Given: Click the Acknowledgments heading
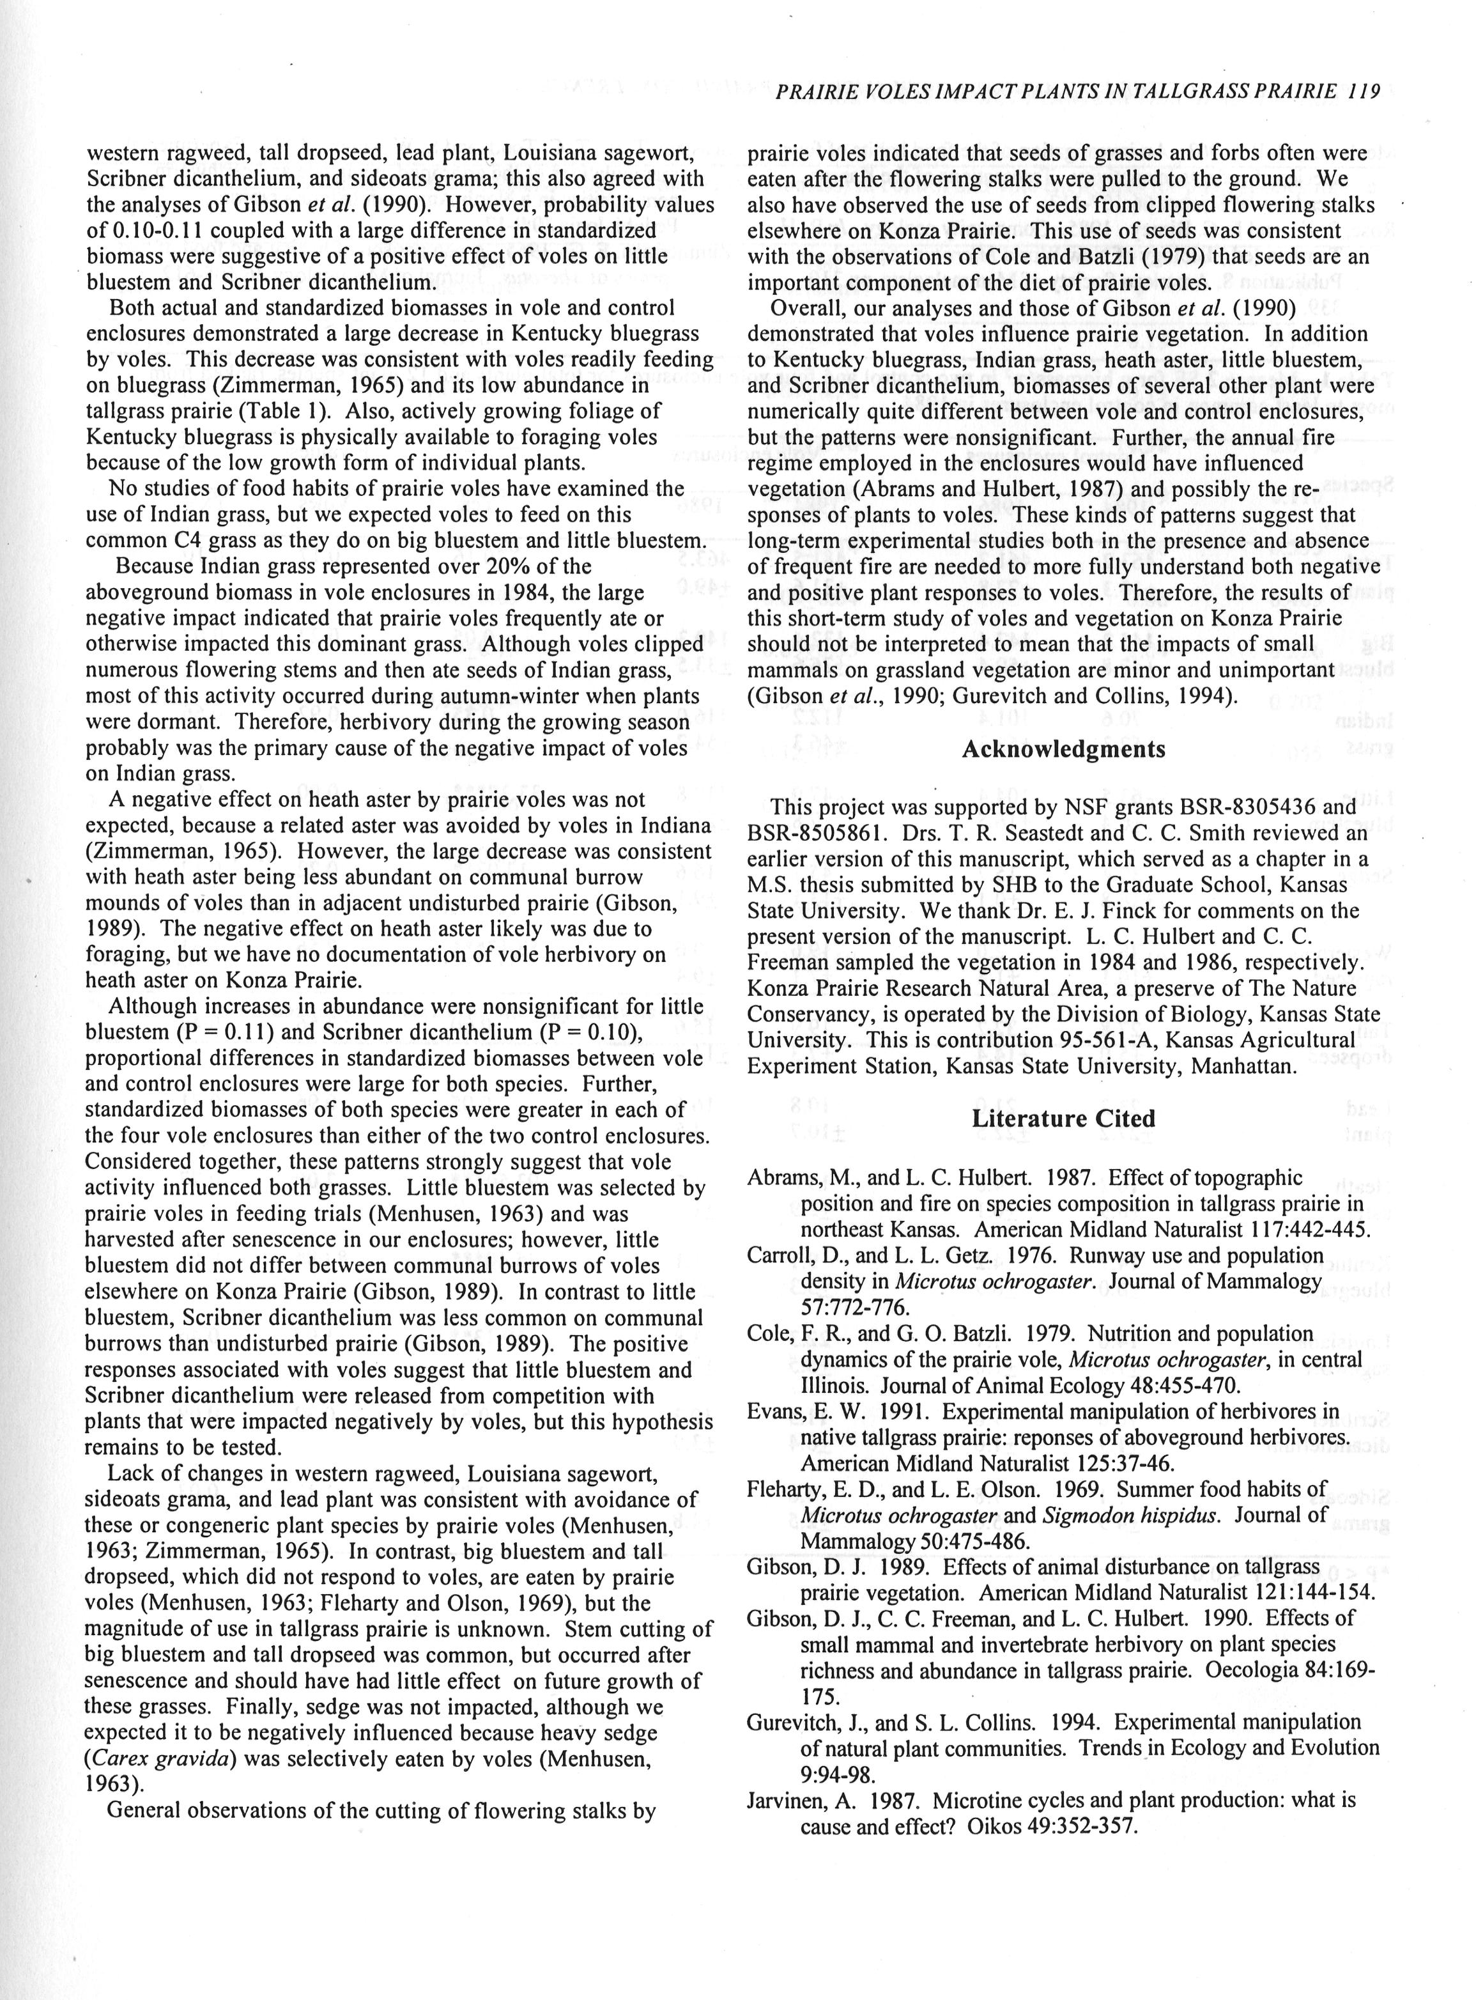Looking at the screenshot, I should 1063,749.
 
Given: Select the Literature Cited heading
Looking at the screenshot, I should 1063,1119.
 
